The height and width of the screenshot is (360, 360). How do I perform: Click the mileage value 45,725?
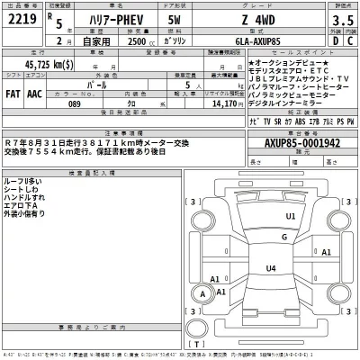(x=49, y=66)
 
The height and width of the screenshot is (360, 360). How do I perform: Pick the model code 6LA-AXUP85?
(x=270, y=41)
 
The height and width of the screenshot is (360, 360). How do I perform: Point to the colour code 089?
(x=87, y=103)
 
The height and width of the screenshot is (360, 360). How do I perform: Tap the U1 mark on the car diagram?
(x=265, y=216)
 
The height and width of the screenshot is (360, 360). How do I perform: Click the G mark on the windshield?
(x=258, y=236)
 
